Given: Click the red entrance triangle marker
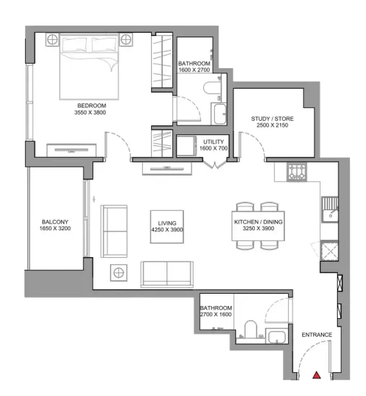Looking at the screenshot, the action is (x=316, y=375).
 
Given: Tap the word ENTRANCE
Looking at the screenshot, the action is (x=317, y=335).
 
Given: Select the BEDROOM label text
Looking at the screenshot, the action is (x=92, y=105).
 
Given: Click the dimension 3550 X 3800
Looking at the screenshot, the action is (x=90, y=112).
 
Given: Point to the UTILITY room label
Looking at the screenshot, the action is (x=214, y=142).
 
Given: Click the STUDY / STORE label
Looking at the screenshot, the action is (x=272, y=118).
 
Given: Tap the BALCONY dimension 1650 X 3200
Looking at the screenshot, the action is (x=55, y=228).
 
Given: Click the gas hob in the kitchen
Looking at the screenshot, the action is (x=297, y=172).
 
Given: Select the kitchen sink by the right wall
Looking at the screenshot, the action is (x=330, y=210).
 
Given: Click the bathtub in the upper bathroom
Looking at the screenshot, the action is (x=220, y=113).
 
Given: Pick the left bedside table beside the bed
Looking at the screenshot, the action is (x=52, y=39).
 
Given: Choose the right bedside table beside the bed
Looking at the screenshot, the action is (x=126, y=39).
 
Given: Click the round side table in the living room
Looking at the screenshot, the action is (x=119, y=273).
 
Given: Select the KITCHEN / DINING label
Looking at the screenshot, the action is (x=258, y=222).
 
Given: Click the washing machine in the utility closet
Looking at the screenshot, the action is (x=187, y=146).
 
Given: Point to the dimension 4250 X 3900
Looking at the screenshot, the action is (x=167, y=230).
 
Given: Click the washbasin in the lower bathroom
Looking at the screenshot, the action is (x=277, y=336).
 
